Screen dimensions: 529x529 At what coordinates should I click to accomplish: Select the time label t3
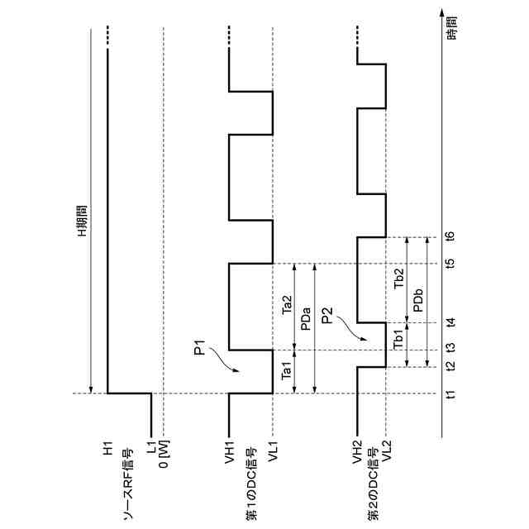450,350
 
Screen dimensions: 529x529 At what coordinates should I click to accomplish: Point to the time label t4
450,322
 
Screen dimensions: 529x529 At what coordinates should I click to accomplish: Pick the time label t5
450,264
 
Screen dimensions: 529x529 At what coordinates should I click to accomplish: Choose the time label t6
450,237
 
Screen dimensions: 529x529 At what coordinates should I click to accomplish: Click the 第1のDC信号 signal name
249,488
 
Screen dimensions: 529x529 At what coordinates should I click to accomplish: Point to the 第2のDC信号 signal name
374,488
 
